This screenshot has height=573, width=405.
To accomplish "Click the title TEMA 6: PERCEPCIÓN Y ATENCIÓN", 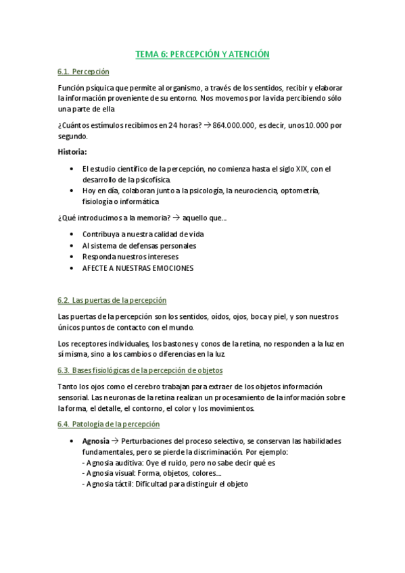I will pyautogui.click(x=202, y=54).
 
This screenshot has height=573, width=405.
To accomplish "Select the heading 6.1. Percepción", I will pyautogui.click(x=84, y=72).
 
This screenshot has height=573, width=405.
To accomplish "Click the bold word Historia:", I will pyautogui.click(x=72, y=151).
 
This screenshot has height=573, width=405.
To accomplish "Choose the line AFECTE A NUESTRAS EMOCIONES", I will pyautogui.click(x=138, y=268).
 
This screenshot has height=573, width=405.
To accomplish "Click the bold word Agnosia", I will pyautogui.click(x=95, y=441).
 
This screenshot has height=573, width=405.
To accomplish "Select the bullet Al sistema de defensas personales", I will pyautogui.click(x=139, y=245).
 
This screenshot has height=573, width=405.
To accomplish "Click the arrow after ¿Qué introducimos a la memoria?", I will pyautogui.click(x=176, y=218).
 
